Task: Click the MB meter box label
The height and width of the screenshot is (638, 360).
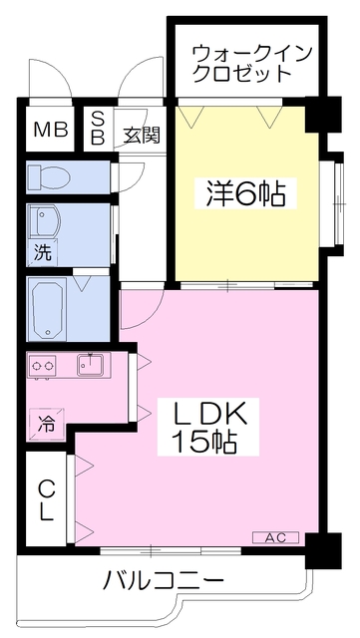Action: point(51,130)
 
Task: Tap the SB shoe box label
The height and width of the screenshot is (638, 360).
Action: point(97,129)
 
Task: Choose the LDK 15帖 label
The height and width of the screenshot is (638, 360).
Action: point(208,427)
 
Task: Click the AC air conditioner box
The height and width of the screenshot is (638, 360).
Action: point(276,537)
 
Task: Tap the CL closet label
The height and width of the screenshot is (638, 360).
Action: point(47,500)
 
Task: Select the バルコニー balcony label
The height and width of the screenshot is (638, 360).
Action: point(163,579)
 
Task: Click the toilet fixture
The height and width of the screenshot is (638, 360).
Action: point(49,177)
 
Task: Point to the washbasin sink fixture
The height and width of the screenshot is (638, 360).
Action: point(46,222)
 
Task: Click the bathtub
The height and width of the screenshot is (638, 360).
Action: point(47,308)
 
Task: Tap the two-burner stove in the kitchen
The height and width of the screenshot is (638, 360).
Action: point(42,366)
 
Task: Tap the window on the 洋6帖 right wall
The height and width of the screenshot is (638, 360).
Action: point(339,203)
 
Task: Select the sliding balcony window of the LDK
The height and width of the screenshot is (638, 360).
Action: point(172,550)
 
